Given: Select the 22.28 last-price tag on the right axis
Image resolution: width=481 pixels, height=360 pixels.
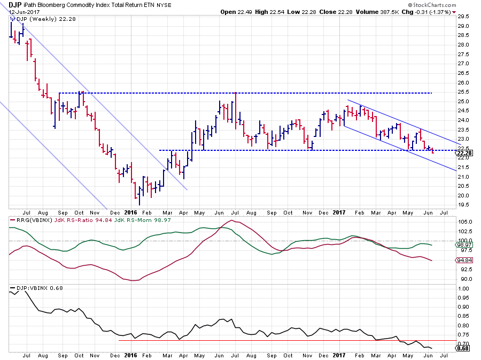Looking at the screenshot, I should coord(463,154).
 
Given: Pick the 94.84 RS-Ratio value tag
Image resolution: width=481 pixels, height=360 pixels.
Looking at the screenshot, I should coord(463,260).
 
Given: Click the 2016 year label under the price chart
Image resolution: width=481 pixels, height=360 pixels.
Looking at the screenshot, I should coord(131,212).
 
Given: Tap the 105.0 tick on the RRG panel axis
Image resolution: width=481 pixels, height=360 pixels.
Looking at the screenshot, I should coord(463,221).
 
